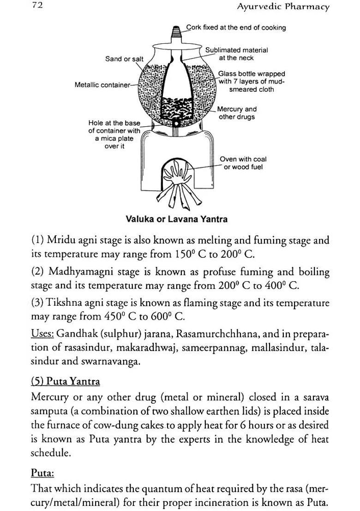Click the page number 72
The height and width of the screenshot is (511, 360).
click(37, 6)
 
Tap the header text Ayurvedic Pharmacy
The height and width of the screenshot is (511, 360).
click(283, 6)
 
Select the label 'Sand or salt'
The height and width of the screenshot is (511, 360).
click(124, 59)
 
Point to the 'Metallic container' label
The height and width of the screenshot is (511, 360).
click(102, 85)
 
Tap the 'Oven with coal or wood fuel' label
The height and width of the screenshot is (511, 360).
click(243, 163)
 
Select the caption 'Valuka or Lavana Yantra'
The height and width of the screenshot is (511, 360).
click(176, 219)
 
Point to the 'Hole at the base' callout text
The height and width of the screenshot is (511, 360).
click(114, 135)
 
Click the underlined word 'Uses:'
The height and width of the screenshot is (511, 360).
click(42, 333)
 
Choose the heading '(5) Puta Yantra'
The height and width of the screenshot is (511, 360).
click(65, 381)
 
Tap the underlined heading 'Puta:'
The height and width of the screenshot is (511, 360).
click(42, 473)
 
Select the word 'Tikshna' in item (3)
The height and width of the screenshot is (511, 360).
click(62, 303)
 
